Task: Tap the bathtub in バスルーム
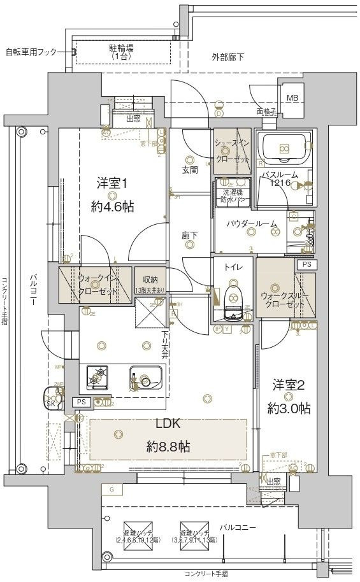pyautogui.click(x=284, y=150)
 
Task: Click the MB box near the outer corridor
pyautogui.click(x=291, y=97)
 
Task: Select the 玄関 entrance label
pyautogui.click(x=190, y=170)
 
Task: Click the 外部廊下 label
pyautogui.click(x=227, y=57)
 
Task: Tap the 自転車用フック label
pyautogui.click(x=32, y=52)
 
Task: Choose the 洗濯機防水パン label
pyautogui.click(x=233, y=195)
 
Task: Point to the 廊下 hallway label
pyautogui.click(x=189, y=236)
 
